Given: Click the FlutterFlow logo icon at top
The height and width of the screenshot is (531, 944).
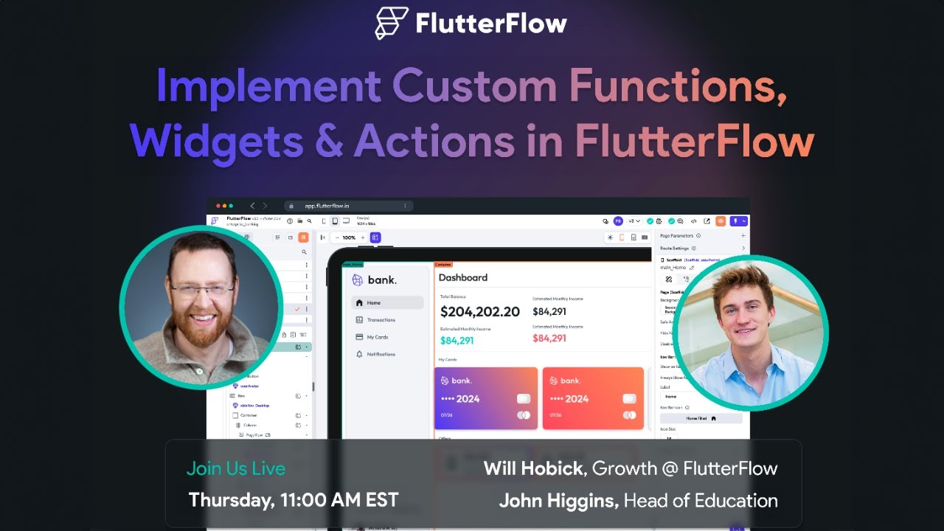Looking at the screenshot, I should (x=391, y=23).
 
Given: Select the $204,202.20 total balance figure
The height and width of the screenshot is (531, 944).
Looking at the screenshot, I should (x=480, y=312).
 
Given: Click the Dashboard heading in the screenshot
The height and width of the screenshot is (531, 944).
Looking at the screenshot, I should (x=462, y=277).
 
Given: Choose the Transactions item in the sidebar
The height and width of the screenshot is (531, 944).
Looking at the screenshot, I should (x=381, y=320).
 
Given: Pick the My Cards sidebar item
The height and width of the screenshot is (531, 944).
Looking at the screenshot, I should (x=377, y=337).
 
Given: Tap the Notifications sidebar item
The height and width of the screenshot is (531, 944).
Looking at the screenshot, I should (x=381, y=355).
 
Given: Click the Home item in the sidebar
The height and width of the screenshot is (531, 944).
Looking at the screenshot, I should (x=373, y=302).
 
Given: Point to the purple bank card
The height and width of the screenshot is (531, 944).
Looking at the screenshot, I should (x=485, y=398).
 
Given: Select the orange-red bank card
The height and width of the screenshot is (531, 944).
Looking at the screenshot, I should (x=593, y=398).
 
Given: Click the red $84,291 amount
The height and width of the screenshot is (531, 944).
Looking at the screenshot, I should (x=549, y=339).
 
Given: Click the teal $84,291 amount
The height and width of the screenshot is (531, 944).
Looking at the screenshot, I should (x=457, y=341).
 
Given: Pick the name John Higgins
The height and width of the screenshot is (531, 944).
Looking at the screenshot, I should (x=558, y=501).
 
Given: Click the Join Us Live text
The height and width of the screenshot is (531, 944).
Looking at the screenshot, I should (x=235, y=468).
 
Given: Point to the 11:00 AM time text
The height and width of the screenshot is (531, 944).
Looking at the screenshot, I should (x=325, y=500).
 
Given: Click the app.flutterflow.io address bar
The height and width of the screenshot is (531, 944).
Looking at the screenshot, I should (x=347, y=206).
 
